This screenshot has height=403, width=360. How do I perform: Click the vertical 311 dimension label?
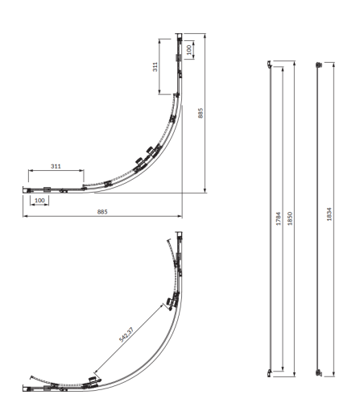(156, 67)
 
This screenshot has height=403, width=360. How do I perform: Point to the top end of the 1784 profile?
(271, 62)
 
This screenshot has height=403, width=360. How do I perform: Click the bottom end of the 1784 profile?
(271, 373)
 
